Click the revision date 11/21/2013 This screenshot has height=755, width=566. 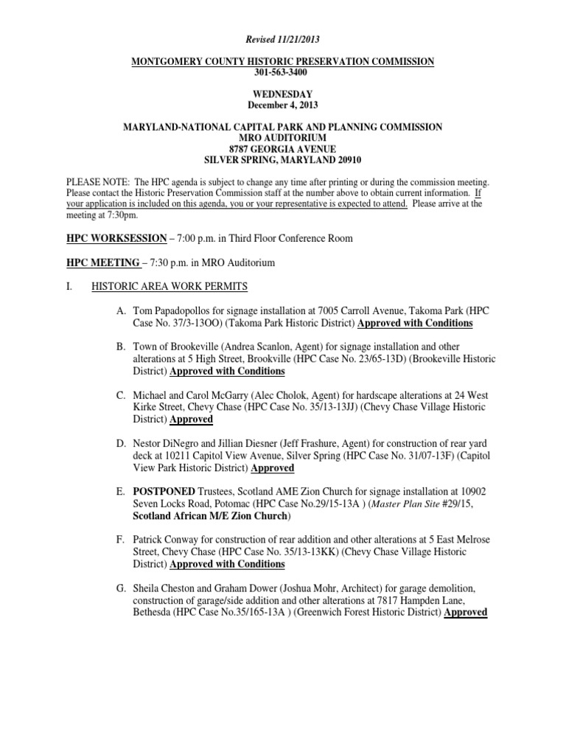(x=298, y=39)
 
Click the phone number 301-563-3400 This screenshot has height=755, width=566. (x=283, y=73)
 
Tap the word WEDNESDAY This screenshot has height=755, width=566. (x=283, y=94)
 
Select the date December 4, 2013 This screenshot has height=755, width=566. (x=283, y=105)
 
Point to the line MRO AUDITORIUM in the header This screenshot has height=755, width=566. (x=283, y=138)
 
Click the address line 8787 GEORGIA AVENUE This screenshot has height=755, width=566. (x=283, y=148)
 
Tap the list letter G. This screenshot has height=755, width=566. (x=120, y=588)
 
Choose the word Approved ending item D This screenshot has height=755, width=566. (x=273, y=467)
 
